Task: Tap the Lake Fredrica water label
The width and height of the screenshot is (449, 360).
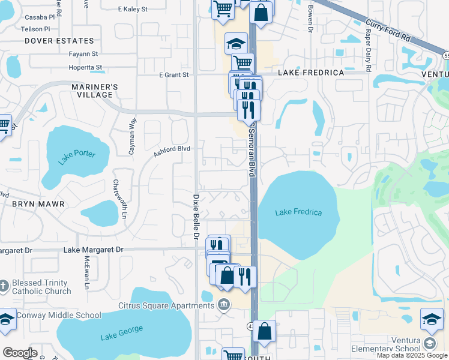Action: coord(298,212)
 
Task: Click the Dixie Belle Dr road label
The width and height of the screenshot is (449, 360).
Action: coord(196,217)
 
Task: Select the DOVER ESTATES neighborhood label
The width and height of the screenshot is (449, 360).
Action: coord(59,41)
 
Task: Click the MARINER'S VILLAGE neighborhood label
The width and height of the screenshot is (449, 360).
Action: coord(94,91)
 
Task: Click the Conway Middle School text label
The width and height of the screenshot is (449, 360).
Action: coord(59,315)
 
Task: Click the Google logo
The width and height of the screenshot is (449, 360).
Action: coord(20,353)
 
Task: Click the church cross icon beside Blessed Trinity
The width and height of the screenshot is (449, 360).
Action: coord(4,284)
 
